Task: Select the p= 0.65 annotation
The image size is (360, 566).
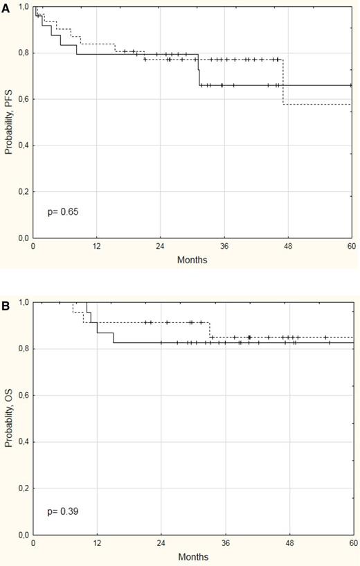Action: point(61,211)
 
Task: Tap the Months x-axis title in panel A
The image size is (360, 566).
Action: point(192,260)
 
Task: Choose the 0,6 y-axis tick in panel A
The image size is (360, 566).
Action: point(22,99)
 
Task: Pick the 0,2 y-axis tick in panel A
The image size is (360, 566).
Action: point(22,192)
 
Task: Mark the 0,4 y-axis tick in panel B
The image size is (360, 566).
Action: point(22,442)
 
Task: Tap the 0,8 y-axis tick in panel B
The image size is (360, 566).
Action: point(22,349)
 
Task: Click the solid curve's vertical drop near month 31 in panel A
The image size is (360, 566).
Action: point(199,69)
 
